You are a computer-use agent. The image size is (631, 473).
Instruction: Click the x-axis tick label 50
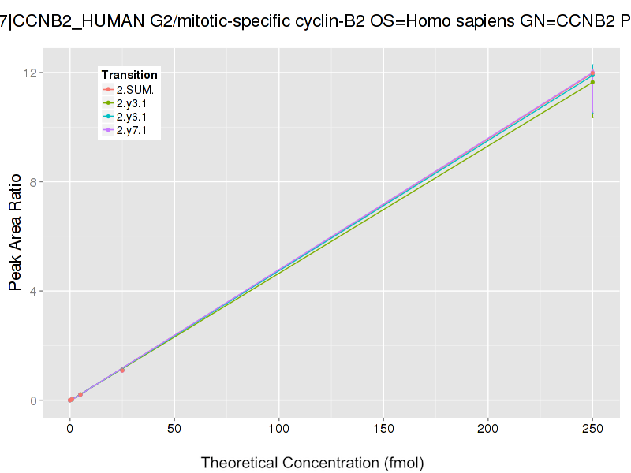click(174, 430)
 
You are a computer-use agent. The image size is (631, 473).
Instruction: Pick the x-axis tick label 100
click(278, 430)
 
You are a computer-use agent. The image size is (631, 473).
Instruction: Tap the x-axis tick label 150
click(383, 430)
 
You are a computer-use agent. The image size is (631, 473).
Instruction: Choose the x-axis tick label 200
click(487, 430)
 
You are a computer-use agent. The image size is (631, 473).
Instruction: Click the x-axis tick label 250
click(592, 430)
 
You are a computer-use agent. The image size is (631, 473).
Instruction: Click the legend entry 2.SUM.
click(134, 90)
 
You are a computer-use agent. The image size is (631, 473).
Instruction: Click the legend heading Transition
click(129, 75)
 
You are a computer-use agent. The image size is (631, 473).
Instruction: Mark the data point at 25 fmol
click(122, 370)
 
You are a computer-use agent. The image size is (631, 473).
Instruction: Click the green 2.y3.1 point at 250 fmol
click(592, 82)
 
